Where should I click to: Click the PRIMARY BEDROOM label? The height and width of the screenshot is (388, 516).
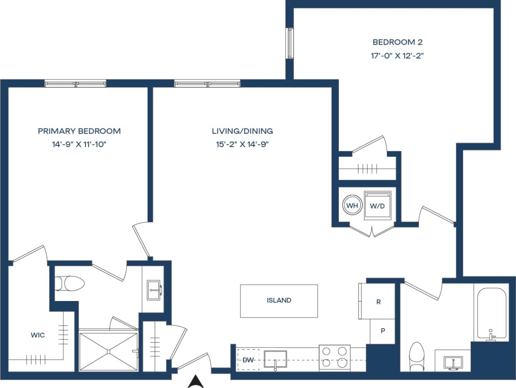(79, 131)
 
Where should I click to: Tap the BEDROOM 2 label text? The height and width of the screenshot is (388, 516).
(398, 42)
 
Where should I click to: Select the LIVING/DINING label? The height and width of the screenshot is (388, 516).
(242, 131)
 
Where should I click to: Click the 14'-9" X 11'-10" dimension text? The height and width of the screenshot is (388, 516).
(79, 144)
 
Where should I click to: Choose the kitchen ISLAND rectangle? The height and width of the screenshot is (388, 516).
(278, 301)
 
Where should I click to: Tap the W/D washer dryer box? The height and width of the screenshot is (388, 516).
(378, 205)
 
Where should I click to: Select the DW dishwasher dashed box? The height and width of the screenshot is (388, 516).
(248, 359)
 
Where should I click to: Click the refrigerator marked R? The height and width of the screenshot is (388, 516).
(378, 301)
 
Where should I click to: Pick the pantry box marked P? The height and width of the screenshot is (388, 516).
(382, 331)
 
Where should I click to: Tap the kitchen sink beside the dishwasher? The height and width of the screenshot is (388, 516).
(275, 359)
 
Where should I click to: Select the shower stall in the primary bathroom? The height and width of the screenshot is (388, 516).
(108, 351)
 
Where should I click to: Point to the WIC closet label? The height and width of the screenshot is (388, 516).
(37, 335)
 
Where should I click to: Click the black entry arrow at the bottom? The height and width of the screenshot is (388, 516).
(196, 381)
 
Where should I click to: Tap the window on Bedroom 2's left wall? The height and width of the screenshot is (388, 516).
(289, 43)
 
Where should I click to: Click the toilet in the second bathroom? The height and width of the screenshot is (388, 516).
(417, 356)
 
